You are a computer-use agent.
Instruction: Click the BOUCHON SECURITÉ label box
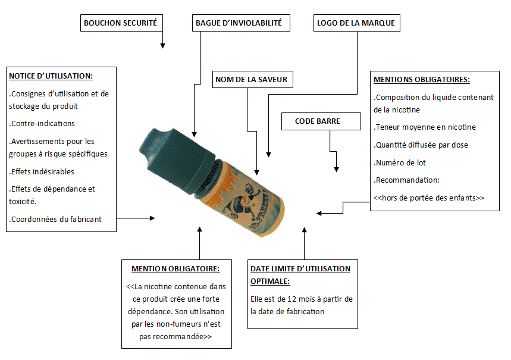(x=121, y=23)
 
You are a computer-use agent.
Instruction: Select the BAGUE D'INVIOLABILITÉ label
(x=241, y=23)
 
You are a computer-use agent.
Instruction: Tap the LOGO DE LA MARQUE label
(x=356, y=23)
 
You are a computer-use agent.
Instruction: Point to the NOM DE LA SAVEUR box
(x=253, y=80)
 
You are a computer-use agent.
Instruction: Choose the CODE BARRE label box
(x=321, y=121)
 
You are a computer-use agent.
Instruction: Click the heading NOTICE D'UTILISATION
(x=51, y=76)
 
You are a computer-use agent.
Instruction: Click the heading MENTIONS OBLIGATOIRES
(x=422, y=80)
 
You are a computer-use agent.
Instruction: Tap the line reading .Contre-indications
(x=42, y=124)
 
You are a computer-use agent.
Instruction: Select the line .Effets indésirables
(x=42, y=171)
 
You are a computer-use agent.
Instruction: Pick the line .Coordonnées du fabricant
(x=55, y=219)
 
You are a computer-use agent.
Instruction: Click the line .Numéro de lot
(x=400, y=162)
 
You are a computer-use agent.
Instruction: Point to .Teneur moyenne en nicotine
(x=425, y=127)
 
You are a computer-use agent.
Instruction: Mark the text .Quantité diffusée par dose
(x=421, y=145)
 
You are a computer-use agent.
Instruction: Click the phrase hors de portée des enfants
(x=429, y=198)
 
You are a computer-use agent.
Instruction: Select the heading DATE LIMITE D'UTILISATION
(x=300, y=269)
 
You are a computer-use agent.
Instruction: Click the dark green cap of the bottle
(x=176, y=161)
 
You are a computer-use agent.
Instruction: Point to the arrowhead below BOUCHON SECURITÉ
(x=162, y=46)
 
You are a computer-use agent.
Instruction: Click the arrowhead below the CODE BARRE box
(x=336, y=170)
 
